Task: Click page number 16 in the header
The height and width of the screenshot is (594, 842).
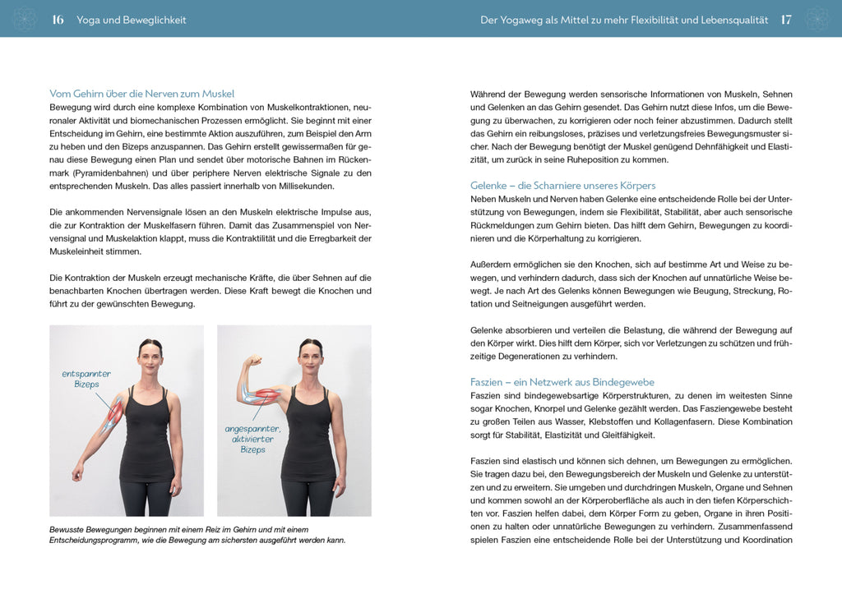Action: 58,20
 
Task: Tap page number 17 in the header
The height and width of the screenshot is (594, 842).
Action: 786,20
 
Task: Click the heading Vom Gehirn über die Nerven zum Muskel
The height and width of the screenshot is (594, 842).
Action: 141,94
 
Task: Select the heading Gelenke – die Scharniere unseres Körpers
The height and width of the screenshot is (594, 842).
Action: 562,186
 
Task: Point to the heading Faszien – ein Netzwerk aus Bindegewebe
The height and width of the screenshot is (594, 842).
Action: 562,382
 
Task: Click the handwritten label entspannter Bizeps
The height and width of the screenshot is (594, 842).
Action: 86,379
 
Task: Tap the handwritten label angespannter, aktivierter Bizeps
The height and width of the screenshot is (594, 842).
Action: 252,439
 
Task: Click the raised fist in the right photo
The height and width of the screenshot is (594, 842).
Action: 254,361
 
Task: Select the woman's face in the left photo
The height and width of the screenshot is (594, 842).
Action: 150,356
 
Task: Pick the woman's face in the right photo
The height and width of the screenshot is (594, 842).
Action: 310,356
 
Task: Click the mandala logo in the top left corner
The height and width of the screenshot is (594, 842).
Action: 25,19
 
